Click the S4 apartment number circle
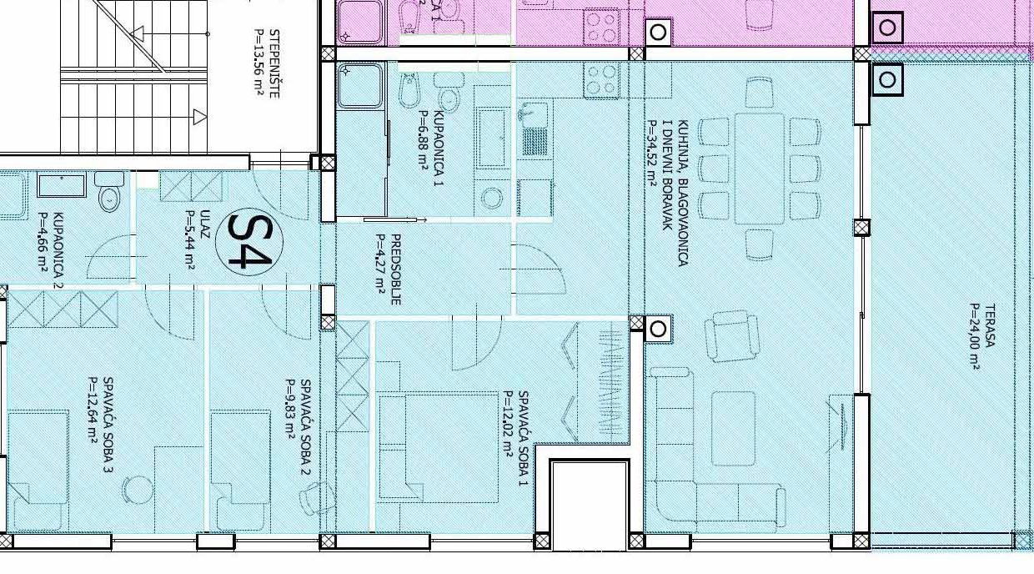(x=249, y=242)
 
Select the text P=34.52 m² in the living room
(x=653, y=153)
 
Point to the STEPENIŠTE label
(x=274, y=63)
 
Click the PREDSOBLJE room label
(x=395, y=269)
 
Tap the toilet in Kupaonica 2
(x=109, y=192)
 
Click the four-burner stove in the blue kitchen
(x=601, y=80)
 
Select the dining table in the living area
(x=760, y=169)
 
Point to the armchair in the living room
(x=731, y=336)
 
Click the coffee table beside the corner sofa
(x=734, y=428)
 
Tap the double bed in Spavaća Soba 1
(x=438, y=447)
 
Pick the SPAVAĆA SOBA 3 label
(x=108, y=425)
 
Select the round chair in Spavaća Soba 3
(x=137, y=490)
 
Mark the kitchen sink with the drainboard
(x=535, y=130)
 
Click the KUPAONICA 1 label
(x=439, y=149)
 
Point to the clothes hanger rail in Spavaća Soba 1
(x=613, y=382)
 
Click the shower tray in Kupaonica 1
(x=359, y=85)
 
